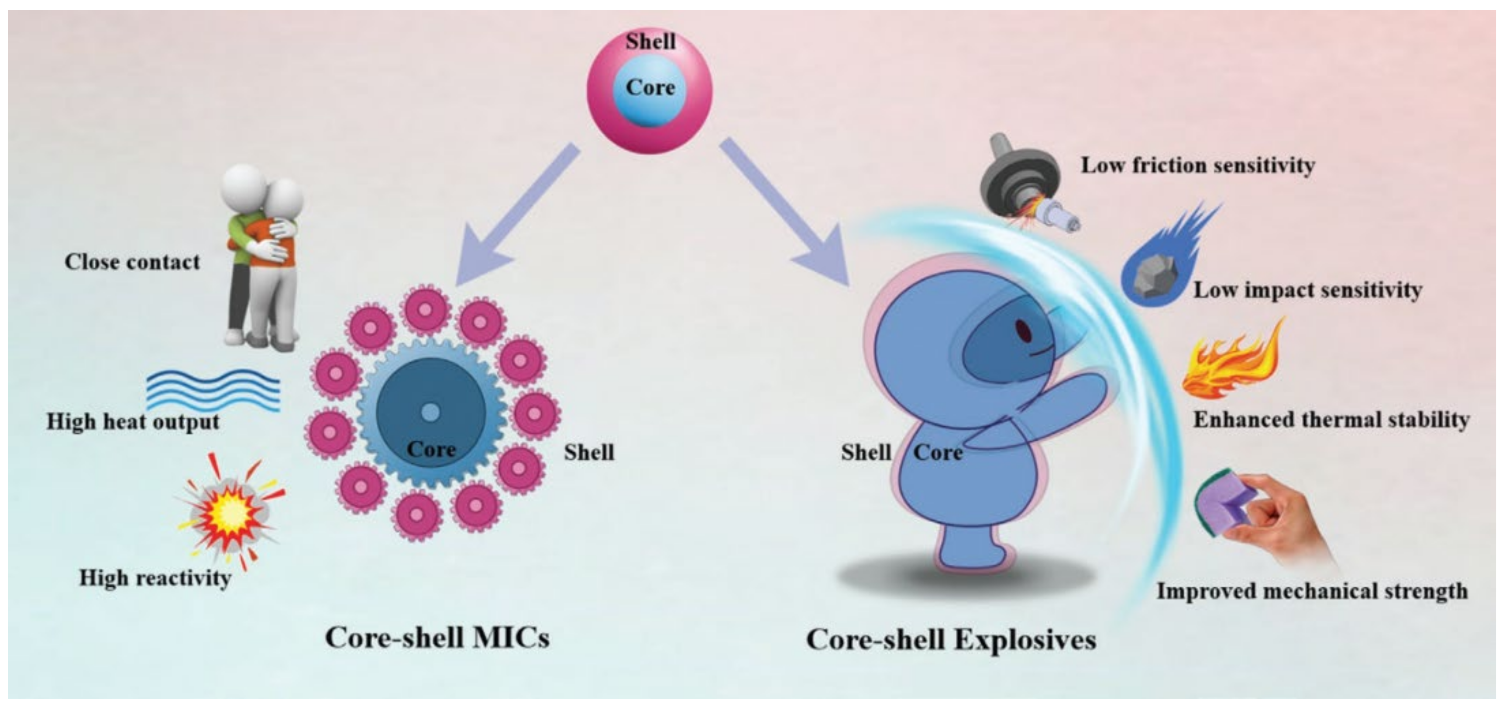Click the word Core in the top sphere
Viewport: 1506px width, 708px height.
pyautogui.click(x=650, y=88)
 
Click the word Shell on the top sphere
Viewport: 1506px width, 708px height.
pyautogui.click(x=650, y=42)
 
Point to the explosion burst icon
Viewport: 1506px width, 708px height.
pyautogui.click(x=231, y=515)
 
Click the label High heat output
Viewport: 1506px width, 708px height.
pyautogui.click(x=133, y=422)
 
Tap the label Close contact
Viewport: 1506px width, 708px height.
pyautogui.click(x=132, y=262)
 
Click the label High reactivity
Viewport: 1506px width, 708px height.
pyautogui.click(x=155, y=578)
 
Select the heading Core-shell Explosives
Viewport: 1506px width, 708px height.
pyautogui.click(x=951, y=639)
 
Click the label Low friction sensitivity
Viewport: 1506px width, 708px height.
pyautogui.click(x=1197, y=166)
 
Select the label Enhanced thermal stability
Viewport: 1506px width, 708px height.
pyautogui.click(x=1331, y=420)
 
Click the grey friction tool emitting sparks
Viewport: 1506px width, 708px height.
pyautogui.click(x=1026, y=187)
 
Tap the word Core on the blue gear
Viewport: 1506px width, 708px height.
pyautogui.click(x=431, y=449)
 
